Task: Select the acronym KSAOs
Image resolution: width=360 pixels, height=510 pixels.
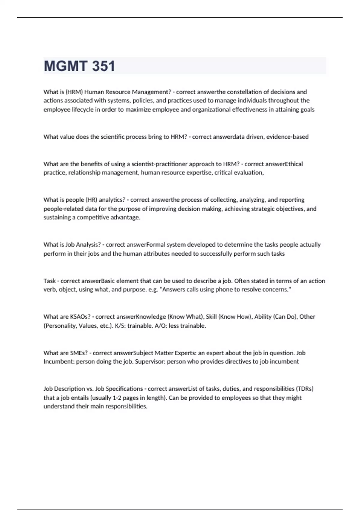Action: (x=80, y=317)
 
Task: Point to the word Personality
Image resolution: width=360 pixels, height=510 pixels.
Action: (x=60, y=326)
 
